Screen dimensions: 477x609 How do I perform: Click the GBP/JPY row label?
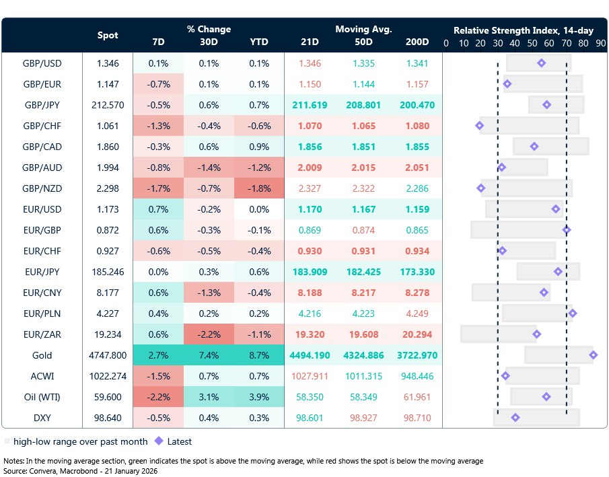[42, 105]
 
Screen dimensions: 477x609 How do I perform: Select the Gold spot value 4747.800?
[108, 355]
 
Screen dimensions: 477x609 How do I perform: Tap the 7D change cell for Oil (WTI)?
[158, 397]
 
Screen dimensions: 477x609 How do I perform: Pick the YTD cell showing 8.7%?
[258, 355]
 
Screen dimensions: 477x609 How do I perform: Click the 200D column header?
[417, 42]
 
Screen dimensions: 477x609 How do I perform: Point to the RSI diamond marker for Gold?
[593, 355]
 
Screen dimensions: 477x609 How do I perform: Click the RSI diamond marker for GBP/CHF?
[480, 126]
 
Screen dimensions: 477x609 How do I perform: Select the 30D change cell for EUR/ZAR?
[209, 334]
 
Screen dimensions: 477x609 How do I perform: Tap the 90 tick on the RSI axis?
[600, 44]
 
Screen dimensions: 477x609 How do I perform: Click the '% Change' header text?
[209, 29]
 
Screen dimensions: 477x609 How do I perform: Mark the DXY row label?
[42, 418]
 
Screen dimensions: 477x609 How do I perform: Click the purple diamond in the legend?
[159, 441]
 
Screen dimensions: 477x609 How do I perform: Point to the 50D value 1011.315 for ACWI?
[363, 376]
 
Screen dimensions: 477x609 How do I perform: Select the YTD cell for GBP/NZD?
[258, 188]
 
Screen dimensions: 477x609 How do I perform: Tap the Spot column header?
[108, 35]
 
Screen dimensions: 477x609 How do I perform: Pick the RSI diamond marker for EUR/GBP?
[567, 230]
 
